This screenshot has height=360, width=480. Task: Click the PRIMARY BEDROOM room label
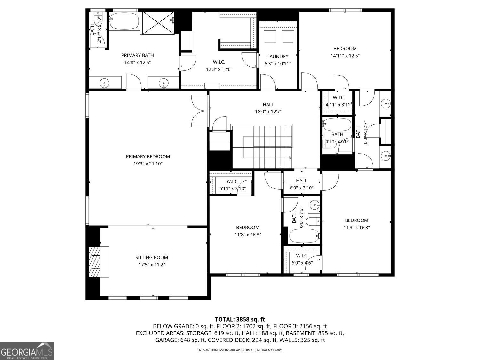pyautogui.click(x=148, y=156)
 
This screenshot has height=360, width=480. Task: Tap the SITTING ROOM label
pyautogui.click(x=152, y=257)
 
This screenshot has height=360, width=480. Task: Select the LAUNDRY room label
pyautogui.click(x=278, y=56)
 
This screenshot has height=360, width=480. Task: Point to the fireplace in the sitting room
pyautogui.click(x=99, y=262)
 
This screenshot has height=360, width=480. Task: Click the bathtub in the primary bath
pyautogui.click(x=124, y=21)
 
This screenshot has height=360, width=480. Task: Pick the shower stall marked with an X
pyautogui.click(x=158, y=23)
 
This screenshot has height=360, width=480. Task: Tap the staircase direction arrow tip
pyautogui.click(x=291, y=158)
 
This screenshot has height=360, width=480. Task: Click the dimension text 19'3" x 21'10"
pyautogui.click(x=148, y=164)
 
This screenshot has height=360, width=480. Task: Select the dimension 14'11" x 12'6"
pyautogui.click(x=345, y=56)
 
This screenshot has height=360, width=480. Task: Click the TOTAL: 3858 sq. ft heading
pyautogui.click(x=240, y=319)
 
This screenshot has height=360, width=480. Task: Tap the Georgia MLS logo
pyautogui.click(x=27, y=351)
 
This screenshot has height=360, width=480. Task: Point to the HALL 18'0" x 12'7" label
pyautogui.click(x=268, y=108)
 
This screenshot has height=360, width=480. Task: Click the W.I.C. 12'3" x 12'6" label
pyautogui.click(x=219, y=66)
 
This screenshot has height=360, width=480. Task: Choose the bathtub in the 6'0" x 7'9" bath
pyautogui.click(x=304, y=236)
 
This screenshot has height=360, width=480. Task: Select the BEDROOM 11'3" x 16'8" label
pyautogui.click(x=357, y=224)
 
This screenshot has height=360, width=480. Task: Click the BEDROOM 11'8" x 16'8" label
pyautogui.click(x=248, y=231)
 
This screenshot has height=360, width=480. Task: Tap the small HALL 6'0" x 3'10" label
pyautogui.click(x=301, y=184)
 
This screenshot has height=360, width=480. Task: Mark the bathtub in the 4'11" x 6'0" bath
pyautogui.click(x=337, y=124)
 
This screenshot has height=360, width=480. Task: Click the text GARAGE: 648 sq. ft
pyautogui.click(x=180, y=340)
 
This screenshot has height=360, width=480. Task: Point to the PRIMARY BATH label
pyautogui.click(x=138, y=55)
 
